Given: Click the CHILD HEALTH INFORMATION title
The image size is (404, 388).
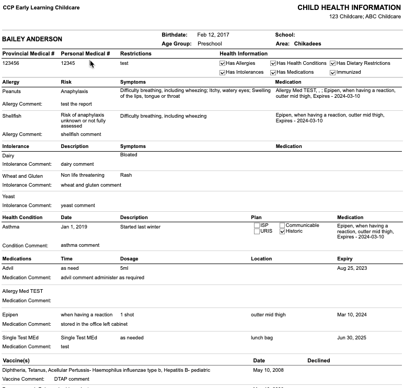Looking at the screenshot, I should coord(349,8).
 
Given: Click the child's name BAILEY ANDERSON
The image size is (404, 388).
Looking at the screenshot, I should coord(32,39).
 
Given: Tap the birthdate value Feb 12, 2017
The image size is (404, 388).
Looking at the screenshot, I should coord(213,35).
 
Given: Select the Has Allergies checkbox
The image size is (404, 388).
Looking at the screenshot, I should coord(223,63).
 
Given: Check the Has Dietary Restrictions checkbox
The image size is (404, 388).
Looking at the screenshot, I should coord(333,63).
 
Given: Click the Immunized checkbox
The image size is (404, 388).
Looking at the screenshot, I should coord(333,72).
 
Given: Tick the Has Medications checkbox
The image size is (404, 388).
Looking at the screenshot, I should coord(273,72).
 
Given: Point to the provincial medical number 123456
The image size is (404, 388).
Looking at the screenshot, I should coord(11,63).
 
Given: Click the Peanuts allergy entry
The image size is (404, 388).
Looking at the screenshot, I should coord(11,92).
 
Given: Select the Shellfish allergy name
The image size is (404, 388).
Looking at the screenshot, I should coord(12,116).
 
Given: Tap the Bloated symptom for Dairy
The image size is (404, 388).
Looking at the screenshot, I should coord(129,155).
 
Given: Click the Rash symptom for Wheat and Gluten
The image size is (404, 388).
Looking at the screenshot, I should coord(126,175).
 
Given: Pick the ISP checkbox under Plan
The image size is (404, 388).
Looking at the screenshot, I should coord(257,225).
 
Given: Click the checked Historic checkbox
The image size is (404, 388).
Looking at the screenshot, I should coord(283,231).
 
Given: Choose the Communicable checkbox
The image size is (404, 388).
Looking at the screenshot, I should coord(283,225).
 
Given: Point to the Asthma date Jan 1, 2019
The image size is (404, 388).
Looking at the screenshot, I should coord(74,227).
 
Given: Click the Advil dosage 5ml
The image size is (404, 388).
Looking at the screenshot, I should coord(124,268).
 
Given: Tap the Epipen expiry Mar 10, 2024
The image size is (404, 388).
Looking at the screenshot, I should coord(352,315).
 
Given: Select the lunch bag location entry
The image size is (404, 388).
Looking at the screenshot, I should coord(262,338).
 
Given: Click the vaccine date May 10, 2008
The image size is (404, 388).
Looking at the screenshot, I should coord(268,370).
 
